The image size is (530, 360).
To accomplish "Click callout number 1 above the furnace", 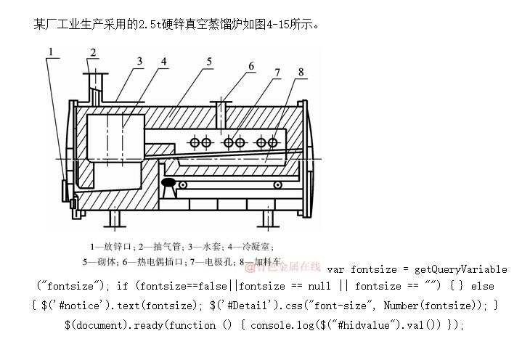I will point(52,50).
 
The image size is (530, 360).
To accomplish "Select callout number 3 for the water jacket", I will point(138,60).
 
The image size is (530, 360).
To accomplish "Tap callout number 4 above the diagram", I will point(164,60).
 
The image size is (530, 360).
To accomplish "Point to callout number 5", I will point(208,61).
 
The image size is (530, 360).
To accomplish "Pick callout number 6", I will point(251,66).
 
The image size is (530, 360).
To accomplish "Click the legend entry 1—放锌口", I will point(113,247).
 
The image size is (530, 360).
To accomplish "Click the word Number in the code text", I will point(404,306).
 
